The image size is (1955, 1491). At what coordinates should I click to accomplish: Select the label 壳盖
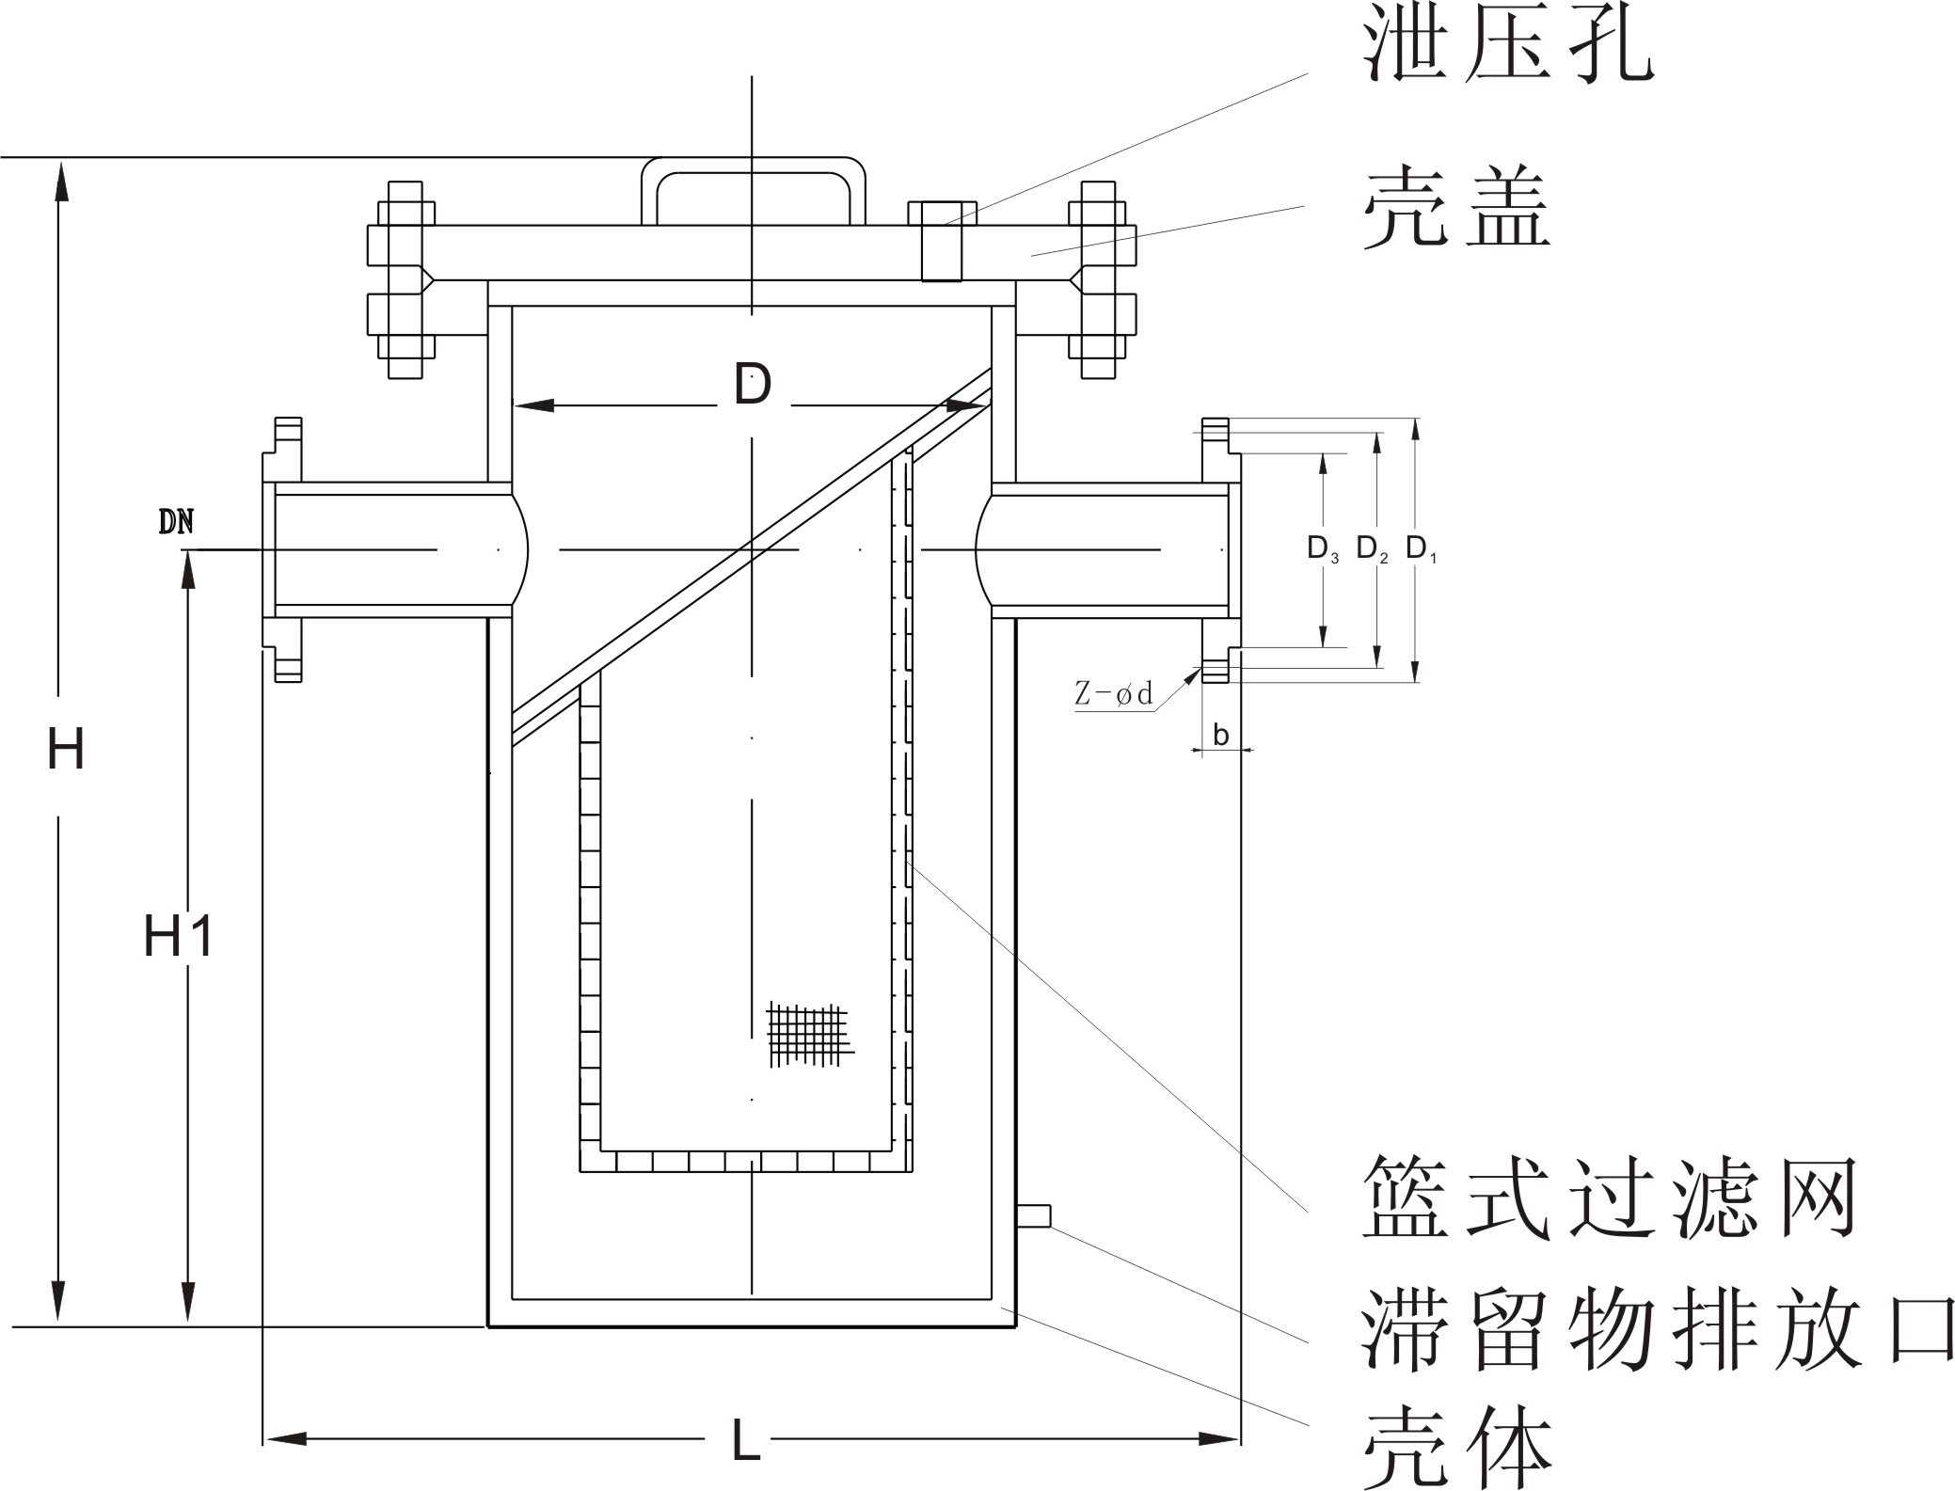point(1455,209)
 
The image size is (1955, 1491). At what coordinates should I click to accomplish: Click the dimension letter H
point(66,751)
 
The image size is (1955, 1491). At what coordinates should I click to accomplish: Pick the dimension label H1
point(179,937)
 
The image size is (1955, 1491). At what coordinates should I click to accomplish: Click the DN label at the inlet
point(176,523)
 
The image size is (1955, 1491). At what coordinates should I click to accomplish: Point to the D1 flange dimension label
point(1421,548)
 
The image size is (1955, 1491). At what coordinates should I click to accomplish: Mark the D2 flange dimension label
point(1372,548)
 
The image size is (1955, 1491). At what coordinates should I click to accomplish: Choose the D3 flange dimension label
point(1322,548)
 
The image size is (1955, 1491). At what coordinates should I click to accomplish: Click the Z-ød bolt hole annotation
point(1114,695)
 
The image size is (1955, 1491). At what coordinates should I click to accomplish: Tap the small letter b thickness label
point(1220,735)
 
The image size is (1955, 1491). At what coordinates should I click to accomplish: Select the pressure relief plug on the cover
point(942,240)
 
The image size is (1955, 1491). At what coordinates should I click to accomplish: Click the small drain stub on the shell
point(1033,1215)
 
